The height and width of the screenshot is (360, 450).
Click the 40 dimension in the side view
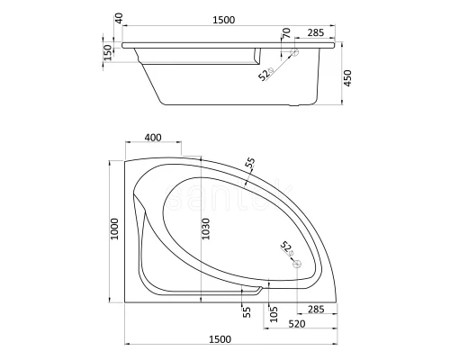120,19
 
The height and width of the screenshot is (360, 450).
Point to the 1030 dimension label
206,233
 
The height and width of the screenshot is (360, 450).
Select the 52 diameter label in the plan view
285,247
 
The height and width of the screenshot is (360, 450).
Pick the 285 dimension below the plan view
316,309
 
